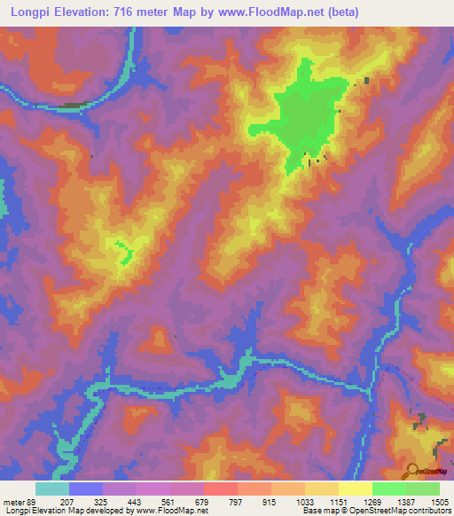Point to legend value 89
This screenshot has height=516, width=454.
point(31,503)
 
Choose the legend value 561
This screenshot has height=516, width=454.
point(169,503)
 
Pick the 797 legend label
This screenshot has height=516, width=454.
point(237,503)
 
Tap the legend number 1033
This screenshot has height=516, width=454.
point(304,503)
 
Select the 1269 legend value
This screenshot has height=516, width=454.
point(372,503)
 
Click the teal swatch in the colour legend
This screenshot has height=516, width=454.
point(51,489)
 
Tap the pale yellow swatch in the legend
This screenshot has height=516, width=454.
point(355,489)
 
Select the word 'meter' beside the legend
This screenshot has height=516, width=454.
point(13,503)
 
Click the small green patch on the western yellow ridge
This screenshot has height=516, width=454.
point(123,250)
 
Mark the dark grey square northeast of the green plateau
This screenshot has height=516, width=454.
point(365,82)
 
